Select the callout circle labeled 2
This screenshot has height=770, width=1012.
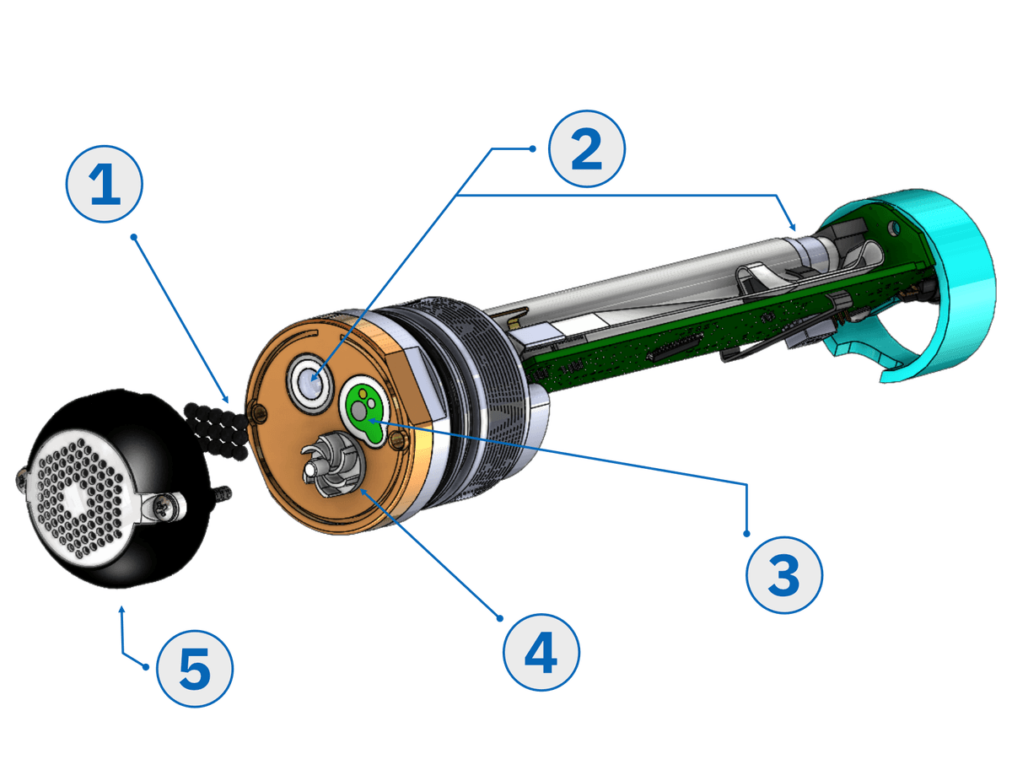[x=586, y=149]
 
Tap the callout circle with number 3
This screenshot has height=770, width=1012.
[x=783, y=577]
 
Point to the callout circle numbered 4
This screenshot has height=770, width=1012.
[x=541, y=654]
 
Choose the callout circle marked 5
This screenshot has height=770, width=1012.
[x=195, y=670]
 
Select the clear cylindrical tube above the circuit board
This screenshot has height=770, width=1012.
[x=641, y=278]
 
